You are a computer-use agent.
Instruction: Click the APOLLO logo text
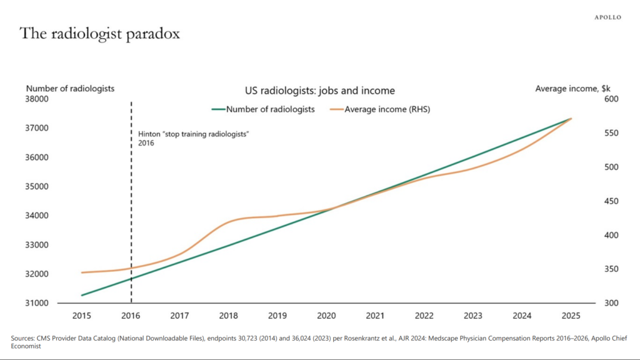[x=607, y=17]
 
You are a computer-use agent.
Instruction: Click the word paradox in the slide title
[x=152, y=34]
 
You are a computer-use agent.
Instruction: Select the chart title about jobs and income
[x=320, y=91]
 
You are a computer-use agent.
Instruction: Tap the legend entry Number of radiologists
[x=263, y=109]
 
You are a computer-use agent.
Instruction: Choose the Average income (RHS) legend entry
[x=380, y=109]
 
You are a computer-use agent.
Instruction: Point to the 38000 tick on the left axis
[x=37, y=99]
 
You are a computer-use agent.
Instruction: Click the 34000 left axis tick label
[x=37, y=216]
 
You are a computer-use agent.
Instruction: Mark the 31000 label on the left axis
[x=37, y=303]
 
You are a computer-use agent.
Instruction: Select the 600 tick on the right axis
[x=611, y=99]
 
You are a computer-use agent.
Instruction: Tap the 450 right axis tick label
[x=611, y=201]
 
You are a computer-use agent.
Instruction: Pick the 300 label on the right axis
[x=611, y=303]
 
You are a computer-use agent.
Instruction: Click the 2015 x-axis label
[x=82, y=316]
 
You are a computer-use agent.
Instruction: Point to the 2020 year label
[x=326, y=316]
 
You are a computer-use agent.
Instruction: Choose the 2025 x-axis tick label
[x=571, y=316]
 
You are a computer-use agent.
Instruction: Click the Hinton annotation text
[x=194, y=138]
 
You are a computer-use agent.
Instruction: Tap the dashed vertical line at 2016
[x=131, y=202]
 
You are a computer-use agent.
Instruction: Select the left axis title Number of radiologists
[x=70, y=89]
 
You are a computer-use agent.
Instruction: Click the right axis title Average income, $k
[x=572, y=89]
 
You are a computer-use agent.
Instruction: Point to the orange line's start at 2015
[x=82, y=272]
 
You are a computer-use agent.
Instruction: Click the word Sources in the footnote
[x=22, y=338]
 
